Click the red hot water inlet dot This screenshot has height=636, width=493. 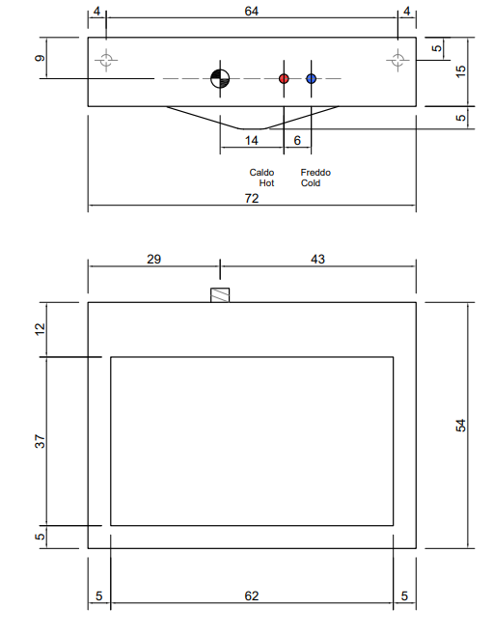284,78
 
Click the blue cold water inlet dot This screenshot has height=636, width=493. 311,78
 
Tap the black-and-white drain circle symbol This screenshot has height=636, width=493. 220,78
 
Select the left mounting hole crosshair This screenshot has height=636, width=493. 106,60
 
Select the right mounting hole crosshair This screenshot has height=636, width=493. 397,60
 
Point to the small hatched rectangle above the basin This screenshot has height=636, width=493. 220,295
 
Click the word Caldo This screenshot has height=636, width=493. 261,173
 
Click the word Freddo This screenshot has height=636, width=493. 315,173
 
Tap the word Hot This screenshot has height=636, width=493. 266,183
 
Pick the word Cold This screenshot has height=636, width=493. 311,183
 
